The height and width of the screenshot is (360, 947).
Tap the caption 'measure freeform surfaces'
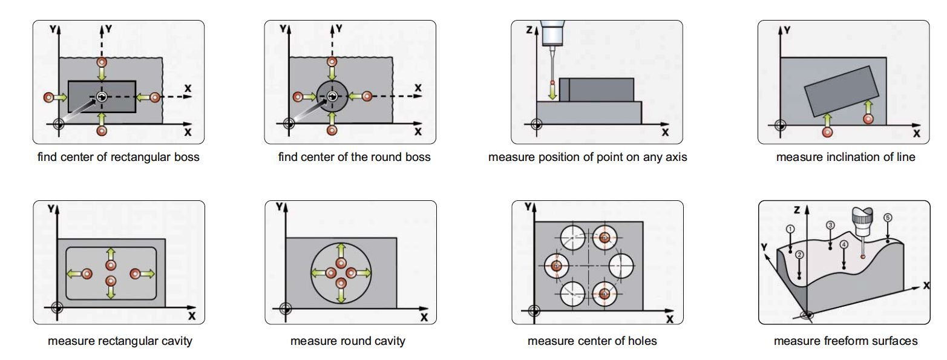[845, 341]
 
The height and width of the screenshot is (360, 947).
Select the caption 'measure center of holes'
[592, 341]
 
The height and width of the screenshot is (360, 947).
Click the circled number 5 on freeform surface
[888, 218]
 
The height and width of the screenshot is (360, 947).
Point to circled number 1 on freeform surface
[790, 229]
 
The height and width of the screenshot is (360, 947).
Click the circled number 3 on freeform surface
[830, 225]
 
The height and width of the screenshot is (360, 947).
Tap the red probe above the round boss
[331, 62]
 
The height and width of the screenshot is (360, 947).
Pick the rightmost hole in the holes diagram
[621, 265]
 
